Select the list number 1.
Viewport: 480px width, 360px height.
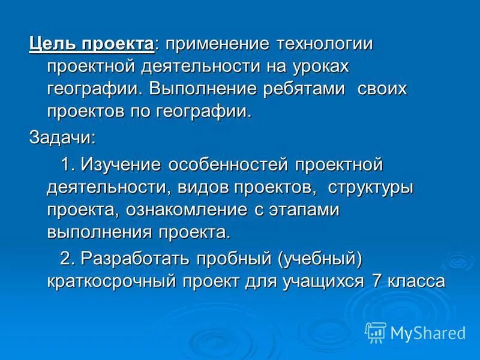coord(68,164)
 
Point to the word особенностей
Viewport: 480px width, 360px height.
coord(229,164)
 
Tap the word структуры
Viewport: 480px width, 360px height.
coord(370,187)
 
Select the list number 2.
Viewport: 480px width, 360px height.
coord(68,258)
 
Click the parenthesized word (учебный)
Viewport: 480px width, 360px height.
coord(320,258)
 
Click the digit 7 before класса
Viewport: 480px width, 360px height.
coord(377,281)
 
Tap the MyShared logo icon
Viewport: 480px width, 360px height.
coord(375,332)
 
